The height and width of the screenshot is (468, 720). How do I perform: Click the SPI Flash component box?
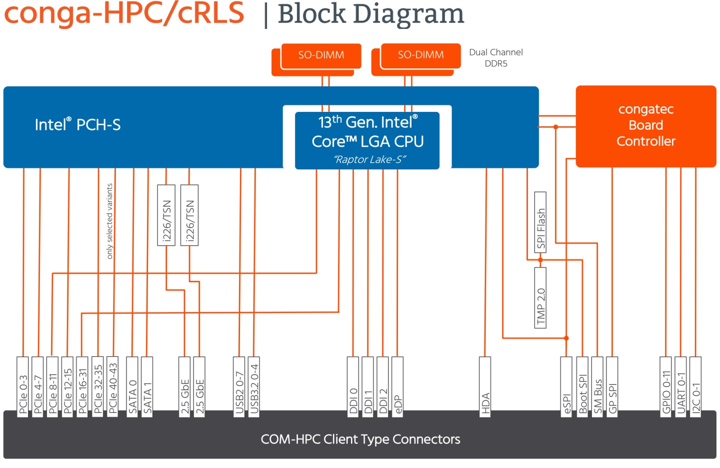pos(540,222)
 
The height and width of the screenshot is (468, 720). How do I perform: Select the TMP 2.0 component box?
pos(540,298)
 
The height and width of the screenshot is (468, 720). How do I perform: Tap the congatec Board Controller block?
pos(645,126)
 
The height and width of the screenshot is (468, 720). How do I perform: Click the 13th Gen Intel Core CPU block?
pos(367,140)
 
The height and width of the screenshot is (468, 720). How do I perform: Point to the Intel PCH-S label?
pos(77,125)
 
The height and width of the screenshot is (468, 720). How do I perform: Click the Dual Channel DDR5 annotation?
pos(495,58)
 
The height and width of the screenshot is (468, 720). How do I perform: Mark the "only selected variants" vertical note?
pos(109,221)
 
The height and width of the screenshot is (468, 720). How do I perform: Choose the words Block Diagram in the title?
pos(370,14)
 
